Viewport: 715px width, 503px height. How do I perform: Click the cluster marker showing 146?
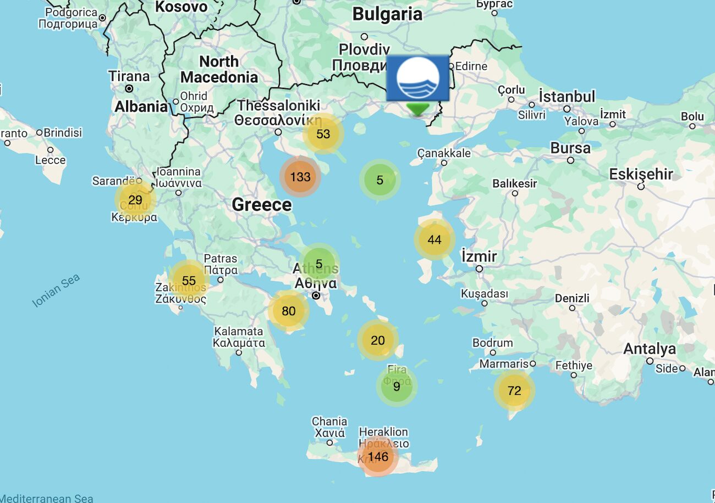(x=378, y=456)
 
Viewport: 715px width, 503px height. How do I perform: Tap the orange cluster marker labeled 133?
(x=300, y=177)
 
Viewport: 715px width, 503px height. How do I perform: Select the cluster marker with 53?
(x=323, y=133)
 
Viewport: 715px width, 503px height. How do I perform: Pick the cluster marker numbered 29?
(x=135, y=200)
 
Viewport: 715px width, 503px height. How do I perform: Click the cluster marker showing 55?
(x=189, y=280)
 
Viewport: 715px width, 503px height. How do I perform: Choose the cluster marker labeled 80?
(x=289, y=311)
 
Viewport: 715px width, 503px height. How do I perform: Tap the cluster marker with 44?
(x=435, y=239)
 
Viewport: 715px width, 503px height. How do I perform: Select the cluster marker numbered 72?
(x=514, y=390)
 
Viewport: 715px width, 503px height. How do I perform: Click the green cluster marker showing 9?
(x=397, y=386)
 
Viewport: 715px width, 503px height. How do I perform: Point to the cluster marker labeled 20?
(x=378, y=340)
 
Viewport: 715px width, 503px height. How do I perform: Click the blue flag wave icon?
(x=418, y=78)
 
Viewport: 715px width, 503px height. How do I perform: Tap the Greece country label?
(x=262, y=205)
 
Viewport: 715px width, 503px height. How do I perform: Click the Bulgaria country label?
(x=387, y=14)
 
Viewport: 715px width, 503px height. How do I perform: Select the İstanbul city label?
(x=566, y=97)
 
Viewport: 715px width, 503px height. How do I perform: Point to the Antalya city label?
(x=650, y=349)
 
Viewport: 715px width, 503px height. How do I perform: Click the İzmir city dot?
(x=480, y=269)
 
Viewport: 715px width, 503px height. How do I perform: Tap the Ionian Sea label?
(x=56, y=290)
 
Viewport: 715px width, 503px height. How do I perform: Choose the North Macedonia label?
(x=219, y=69)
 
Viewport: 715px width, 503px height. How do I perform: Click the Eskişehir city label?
(x=641, y=175)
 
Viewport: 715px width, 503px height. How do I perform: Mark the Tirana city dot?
(x=129, y=88)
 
